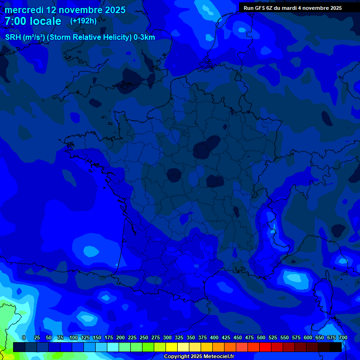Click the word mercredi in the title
coord(24,10)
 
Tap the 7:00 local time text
coord(33,22)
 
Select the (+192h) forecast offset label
coord(83,21)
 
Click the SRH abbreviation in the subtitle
coord(13,37)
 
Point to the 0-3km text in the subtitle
coord(144,37)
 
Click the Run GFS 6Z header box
coord(292,8)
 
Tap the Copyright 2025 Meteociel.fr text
coord(199,357)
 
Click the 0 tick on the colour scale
coord(24,337)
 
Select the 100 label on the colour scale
coord(74,337)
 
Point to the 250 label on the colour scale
coord(144,337)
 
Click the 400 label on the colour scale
coord(214,337)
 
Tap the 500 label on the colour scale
coord(261,337)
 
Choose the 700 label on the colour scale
coord(343,337)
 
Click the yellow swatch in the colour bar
coord(172,347)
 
